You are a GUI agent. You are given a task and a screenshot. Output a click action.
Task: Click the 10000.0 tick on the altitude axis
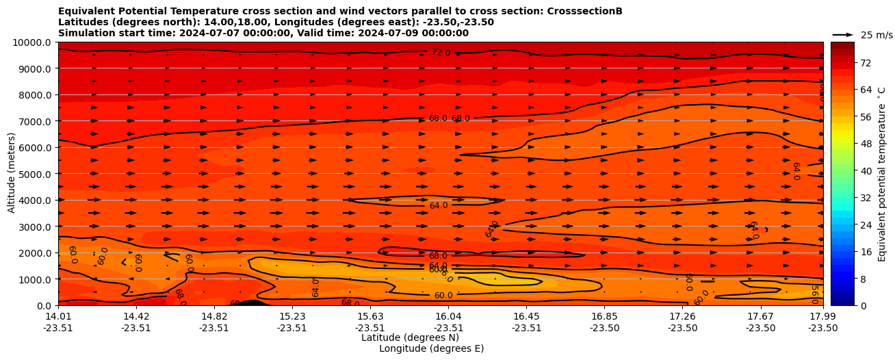32,42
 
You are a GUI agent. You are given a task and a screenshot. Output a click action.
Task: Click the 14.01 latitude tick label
58,316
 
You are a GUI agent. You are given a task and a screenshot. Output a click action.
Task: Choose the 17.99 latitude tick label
822,316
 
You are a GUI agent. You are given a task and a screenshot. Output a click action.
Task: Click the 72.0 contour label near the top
441,53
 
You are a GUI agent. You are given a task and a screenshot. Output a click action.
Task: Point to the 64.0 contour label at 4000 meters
439,205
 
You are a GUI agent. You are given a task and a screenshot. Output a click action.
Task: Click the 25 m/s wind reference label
877,35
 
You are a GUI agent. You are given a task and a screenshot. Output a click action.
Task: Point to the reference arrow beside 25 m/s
842,35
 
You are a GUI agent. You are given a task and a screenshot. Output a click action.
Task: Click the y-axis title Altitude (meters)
12,173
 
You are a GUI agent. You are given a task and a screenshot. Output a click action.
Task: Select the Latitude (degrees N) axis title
410,337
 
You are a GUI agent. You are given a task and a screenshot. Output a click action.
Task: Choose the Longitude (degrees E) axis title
431,348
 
